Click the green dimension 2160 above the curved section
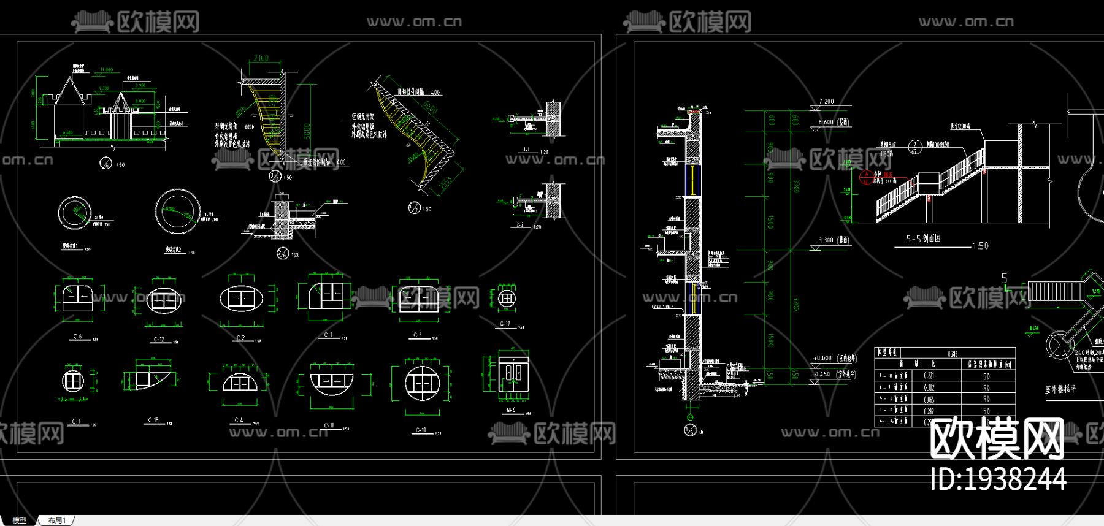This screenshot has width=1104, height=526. [x=261, y=58]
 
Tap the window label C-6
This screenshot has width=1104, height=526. [x=77, y=337]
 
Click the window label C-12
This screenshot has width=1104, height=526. [x=158, y=339]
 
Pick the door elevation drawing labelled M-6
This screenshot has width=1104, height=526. [x=513, y=377]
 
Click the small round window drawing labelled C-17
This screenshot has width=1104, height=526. [x=506, y=299]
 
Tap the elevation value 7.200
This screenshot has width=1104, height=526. [x=826, y=101]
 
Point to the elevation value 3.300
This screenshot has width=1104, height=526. [x=826, y=240]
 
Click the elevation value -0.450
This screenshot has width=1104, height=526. [x=821, y=374]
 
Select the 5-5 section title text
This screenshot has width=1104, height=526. [x=923, y=238]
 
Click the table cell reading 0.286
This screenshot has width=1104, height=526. [x=952, y=354]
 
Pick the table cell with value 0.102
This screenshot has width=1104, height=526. [x=929, y=387]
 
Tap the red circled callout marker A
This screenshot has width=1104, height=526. [x=866, y=175]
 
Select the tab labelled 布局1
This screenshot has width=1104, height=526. [x=56, y=520]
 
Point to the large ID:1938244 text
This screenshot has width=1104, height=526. [x=998, y=479]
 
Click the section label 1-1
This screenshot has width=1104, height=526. [x=526, y=150]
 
